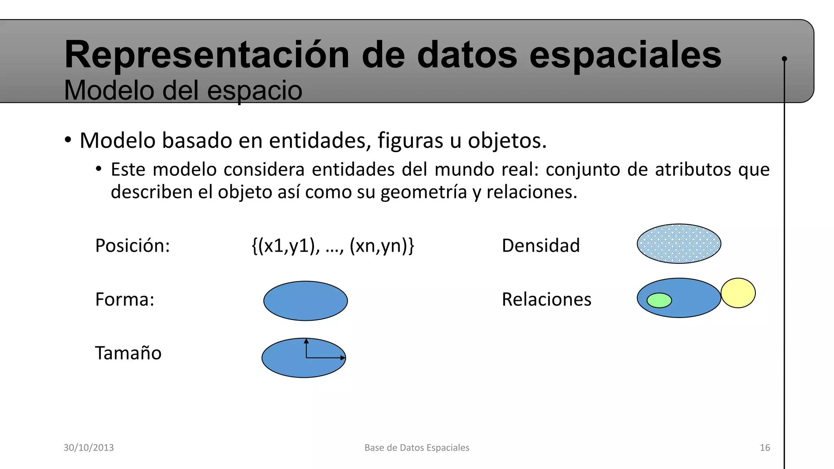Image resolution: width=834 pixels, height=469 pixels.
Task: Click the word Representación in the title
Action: coord(207,55)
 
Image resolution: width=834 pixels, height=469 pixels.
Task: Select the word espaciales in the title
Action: coord(625,55)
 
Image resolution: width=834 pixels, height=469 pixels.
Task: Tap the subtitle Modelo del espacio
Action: coord(183,90)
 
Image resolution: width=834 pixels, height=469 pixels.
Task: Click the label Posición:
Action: coord(132,245)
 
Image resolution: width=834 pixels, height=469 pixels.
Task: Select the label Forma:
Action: coord(125,299)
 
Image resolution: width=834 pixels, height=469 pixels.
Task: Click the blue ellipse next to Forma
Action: coord(305,301)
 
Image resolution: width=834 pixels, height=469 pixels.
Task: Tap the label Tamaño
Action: coord(128,353)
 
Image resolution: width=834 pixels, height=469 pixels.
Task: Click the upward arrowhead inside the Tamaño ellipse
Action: coord(306,341)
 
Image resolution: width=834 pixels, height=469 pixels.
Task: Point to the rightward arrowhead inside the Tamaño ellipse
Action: coord(343,358)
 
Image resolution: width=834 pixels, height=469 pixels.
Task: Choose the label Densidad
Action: coord(540,245)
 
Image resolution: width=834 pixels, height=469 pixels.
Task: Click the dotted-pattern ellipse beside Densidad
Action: coord(679,244)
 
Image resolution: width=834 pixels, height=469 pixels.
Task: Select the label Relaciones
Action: coord(546,299)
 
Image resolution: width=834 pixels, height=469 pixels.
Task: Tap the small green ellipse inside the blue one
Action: coord(659,300)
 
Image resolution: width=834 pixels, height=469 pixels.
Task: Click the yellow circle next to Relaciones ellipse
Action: coord(738,293)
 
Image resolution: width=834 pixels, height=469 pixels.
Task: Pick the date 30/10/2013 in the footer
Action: coord(89,447)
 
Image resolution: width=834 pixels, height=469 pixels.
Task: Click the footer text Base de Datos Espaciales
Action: coord(417,447)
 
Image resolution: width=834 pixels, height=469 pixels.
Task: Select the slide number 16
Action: coord(765,447)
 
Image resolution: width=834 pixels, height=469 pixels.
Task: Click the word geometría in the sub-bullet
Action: coord(424,192)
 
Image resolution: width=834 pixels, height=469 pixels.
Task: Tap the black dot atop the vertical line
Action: coord(784,59)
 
